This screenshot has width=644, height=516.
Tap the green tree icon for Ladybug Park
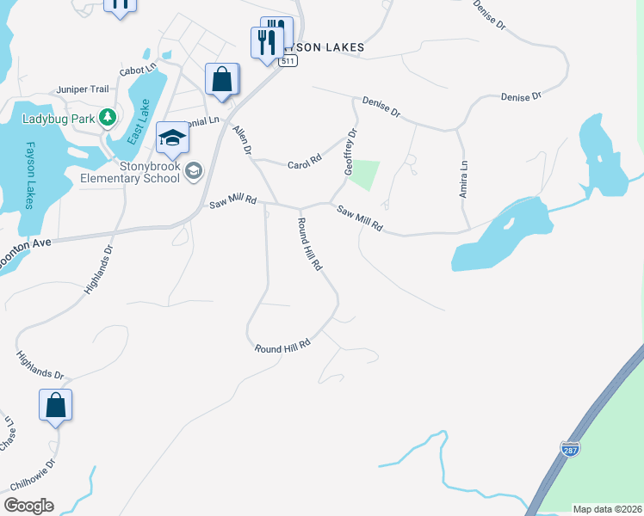[108, 116]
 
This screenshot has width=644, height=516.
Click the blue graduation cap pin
[172, 138]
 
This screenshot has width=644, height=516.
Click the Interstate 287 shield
[569, 449]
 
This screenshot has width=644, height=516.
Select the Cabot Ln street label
[139, 67]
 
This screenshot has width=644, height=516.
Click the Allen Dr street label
[242, 140]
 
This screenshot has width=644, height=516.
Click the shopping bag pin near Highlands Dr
[55, 405]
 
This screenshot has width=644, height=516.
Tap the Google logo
[28, 506]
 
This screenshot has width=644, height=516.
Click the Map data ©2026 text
[606, 509]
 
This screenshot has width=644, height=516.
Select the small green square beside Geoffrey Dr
[365, 175]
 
